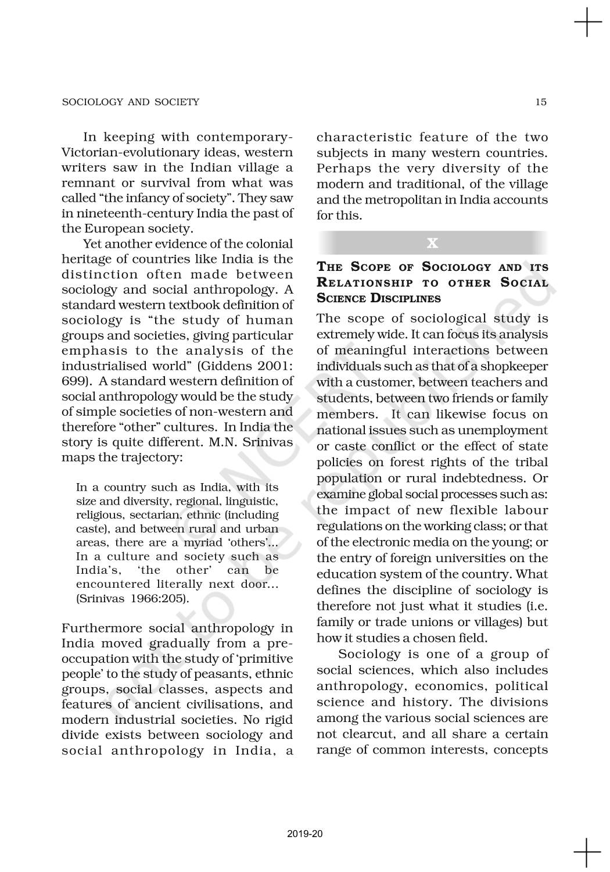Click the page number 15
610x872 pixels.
click(x=541, y=102)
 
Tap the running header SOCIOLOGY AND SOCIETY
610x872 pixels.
click(x=130, y=102)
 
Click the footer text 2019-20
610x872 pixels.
click(x=304, y=834)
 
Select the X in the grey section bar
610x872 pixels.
click(x=432, y=243)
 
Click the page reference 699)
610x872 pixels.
click(x=76, y=381)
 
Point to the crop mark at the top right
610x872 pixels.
click(x=587, y=24)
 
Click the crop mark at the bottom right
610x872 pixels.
click(x=587, y=851)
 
